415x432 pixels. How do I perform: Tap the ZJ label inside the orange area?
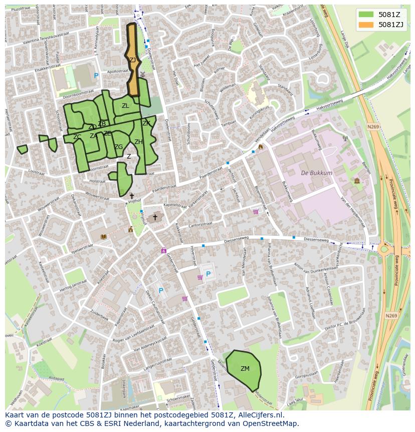[133, 60]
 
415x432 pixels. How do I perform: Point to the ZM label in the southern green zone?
[245, 369]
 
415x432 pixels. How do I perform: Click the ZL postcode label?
[125, 106]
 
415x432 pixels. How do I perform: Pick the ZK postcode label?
[146, 123]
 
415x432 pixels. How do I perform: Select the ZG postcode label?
[118, 147]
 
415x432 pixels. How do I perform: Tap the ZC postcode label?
[77, 137]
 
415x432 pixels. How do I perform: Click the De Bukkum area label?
[316, 173]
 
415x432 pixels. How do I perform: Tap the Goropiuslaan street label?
[306, 374]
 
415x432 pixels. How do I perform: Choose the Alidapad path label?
[56, 379]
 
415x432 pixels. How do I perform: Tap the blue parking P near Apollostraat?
[96, 75]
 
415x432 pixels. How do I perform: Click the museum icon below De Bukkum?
[356, 181]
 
